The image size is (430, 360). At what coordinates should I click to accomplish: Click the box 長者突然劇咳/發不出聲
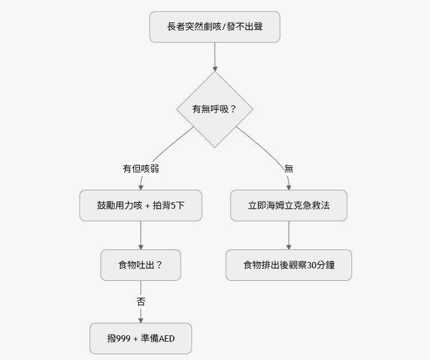tap(214, 26)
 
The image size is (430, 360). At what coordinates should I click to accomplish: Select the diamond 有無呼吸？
tap(214, 108)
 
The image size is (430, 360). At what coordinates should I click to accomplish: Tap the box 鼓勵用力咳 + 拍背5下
tap(140, 205)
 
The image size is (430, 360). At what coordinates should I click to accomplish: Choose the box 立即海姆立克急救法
tap(288, 205)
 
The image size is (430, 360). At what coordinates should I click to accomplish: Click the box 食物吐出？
tap(140, 265)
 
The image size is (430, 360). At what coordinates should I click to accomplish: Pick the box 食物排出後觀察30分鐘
tap(288, 265)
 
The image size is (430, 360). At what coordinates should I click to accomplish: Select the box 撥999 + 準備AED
tap(140, 338)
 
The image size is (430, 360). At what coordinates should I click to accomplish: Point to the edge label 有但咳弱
tap(140, 169)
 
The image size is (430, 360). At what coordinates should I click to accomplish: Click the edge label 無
tap(288, 169)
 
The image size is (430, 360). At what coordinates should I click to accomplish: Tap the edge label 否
tap(140, 302)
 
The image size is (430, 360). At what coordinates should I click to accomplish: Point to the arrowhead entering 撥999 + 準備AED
tap(140, 320)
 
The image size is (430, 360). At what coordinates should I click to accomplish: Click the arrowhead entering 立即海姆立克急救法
tap(288, 186)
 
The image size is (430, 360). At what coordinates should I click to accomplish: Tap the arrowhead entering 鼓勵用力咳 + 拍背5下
tap(140, 186)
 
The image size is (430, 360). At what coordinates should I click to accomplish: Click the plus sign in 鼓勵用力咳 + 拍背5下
tap(148, 205)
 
